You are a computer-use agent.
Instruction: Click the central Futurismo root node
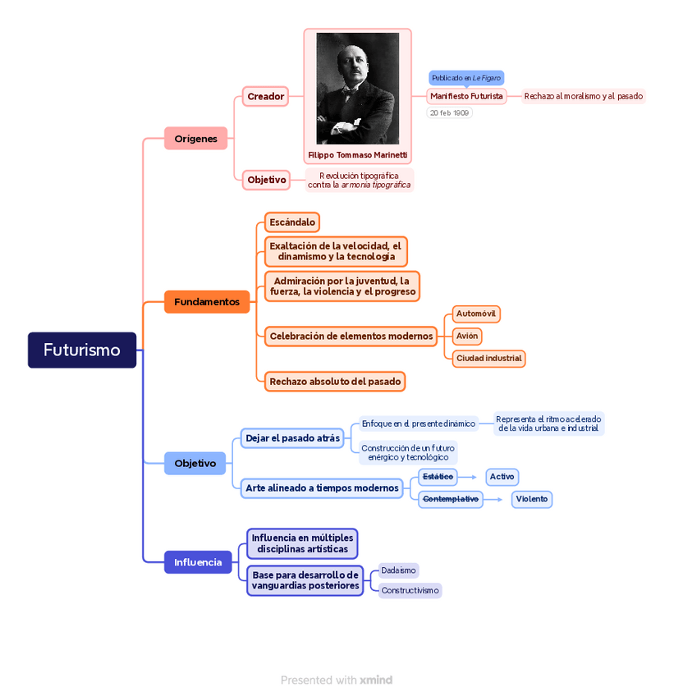(x=82, y=350)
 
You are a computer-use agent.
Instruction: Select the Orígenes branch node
(x=195, y=139)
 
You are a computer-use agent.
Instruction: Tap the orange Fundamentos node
(x=207, y=302)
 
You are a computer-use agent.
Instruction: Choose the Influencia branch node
(x=198, y=562)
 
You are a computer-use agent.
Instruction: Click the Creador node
(x=265, y=97)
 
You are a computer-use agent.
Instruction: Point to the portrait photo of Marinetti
(x=357, y=89)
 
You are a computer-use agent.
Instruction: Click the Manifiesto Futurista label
(x=466, y=96)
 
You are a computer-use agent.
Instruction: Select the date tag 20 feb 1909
(x=450, y=112)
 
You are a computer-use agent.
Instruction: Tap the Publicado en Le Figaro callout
(x=465, y=78)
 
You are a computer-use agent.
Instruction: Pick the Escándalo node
(x=292, y=222)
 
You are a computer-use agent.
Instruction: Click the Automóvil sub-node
(x=476, y=314)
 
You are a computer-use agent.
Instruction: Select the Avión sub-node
(x=467, y=336)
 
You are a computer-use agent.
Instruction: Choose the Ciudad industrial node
(x=489, y=358)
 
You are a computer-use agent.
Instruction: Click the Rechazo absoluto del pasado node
(x=335, y=381)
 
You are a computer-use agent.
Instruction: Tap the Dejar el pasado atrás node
(x=292, y=438)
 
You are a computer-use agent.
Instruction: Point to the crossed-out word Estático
(x=438, y=477)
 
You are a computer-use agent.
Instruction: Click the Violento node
(x=532, y=499)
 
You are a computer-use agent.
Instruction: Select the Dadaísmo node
(x=399, y=570)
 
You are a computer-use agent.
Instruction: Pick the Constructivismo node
(x=410, y=590)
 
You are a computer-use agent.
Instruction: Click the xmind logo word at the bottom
(x=376, y=680)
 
